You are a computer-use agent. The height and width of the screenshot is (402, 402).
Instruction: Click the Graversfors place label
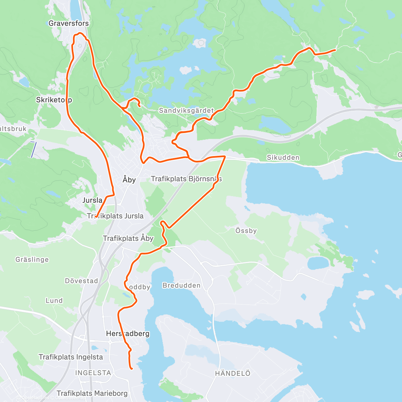click(x=69, y=23)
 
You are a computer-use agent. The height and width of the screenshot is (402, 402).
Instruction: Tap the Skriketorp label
click(x=54, y=100)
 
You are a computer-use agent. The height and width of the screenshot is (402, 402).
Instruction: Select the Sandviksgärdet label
click(x=186, y=111)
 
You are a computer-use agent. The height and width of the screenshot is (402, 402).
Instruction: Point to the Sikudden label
click(x=283, y=157)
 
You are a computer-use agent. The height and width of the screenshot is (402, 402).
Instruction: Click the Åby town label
click(x=129, y=180)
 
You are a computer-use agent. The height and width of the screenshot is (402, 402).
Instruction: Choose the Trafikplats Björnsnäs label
click(x=186, y=179)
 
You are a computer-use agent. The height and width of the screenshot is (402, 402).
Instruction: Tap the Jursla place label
click(x=92, y=200)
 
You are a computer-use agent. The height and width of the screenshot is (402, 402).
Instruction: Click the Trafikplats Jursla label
click(x=115, y=216)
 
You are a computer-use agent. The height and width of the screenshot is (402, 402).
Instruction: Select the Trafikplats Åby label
click(x=128, y=239)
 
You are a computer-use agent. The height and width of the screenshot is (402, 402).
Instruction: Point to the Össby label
click(x=246, y=230)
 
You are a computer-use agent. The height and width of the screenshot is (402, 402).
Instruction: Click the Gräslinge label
click(x=32, y=260)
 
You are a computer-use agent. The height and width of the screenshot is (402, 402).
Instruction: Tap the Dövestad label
click(x=81, y=281)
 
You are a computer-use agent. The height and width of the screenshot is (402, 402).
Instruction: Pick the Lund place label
click(x=54, y=300)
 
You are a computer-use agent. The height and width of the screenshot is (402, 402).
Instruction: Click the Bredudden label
click(x=182, y=285)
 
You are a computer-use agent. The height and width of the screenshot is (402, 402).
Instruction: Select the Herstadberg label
click(x=128, y=334)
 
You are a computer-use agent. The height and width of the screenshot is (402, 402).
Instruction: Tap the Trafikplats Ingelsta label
click(x=71, y=357)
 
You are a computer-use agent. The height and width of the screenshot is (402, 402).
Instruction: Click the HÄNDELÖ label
click(x=232, y=373)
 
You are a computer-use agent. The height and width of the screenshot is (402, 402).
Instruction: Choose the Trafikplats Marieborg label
click(x=92, y=393)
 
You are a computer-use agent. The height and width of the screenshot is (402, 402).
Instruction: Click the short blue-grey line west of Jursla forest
click(x=33, y=149)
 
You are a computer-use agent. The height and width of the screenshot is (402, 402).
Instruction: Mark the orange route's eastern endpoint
click(x=335, y=50)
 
